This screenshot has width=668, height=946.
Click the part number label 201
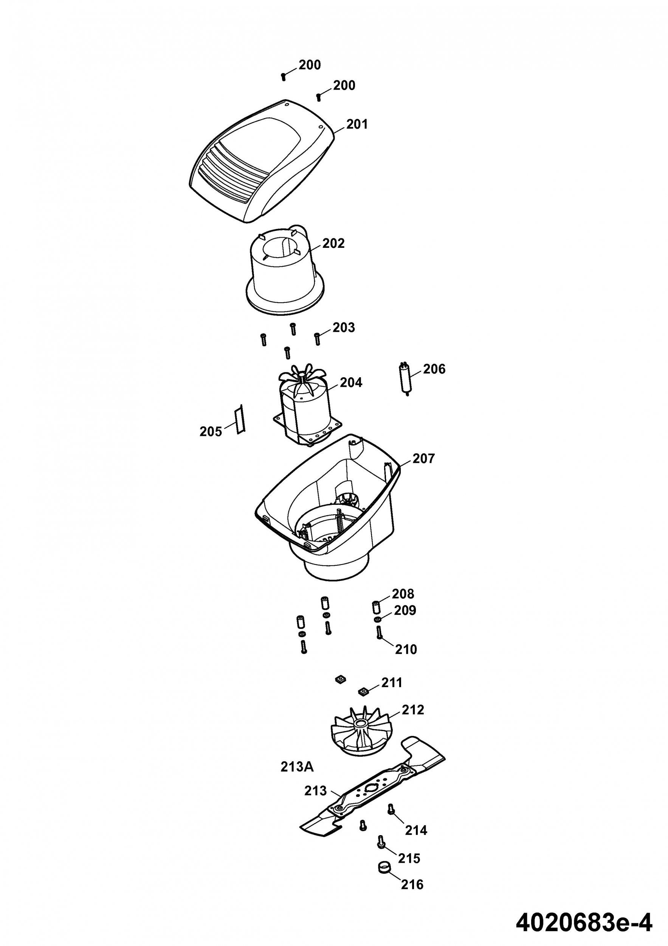(x=357, y=124)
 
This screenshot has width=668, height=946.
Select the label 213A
(x=297, y=767)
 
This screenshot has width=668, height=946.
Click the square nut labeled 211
(x=363, y=691)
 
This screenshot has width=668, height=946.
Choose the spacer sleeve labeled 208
(x=376, y=607)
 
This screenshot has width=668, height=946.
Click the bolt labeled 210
(x=379, y=632)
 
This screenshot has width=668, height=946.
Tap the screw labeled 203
(x=317, y=339)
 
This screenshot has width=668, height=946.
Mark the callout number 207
(x=423, y=458)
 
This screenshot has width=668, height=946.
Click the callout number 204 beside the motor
(x=351, y=383)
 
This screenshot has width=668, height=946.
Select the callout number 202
(x=333, y=244)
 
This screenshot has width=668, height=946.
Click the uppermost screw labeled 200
(x=283, y=77)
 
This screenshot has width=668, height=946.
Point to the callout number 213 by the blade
(x=316, y=791)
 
